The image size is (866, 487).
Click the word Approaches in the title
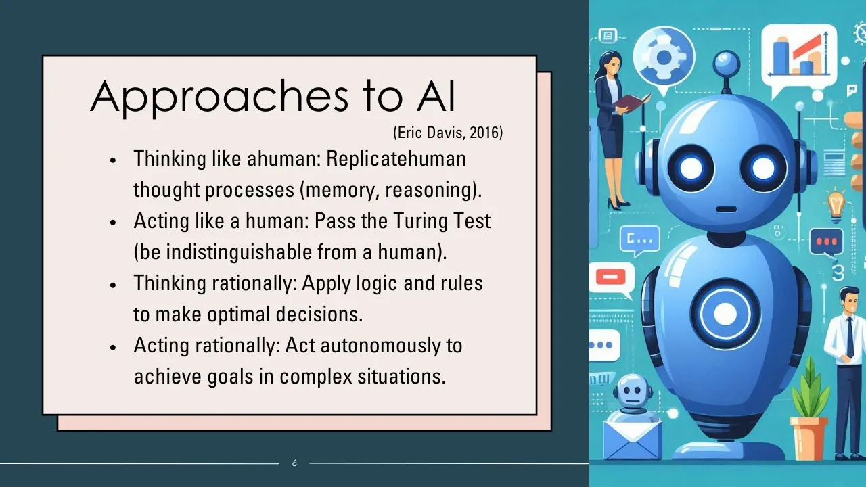pyautogui.click(x=219, y=97)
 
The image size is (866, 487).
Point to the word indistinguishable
pyautogui.click(x=239, y=252)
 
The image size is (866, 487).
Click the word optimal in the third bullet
pyautogui.click(x=239, y=315)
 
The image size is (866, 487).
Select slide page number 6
pyautogui.click(x=294, y=463)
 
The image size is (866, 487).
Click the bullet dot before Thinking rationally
pyautogui.click(x=113, y=285)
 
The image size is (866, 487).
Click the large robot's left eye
pyautogui.click(x=691, y=168)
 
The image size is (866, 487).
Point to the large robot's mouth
pyautogui.click(x=727, y=209)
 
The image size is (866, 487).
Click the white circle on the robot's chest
pyautogui.click(x=725, y=314)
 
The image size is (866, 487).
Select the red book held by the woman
pyautogui.click(x=633, y=102)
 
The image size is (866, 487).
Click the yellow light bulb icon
pyautogui.click(x=836, y=206)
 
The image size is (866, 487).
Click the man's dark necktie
pyautogui.click(x=850, y=335)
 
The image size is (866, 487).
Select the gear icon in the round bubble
pyautogui.click(x=664, y=58)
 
